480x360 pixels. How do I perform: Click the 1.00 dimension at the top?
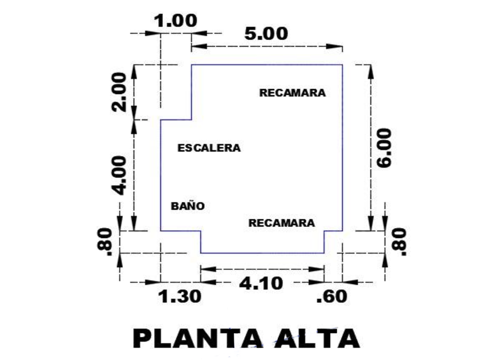click(176, 21)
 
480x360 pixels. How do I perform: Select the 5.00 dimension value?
click(266, 34)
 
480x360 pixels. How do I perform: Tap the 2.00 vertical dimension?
click(118, 92)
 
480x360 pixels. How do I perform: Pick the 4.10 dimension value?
click(262, 282)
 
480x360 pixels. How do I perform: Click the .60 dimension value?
click(332, 297)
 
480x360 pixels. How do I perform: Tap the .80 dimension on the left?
click(106, 241)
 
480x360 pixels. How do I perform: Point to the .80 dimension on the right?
click(399, 242)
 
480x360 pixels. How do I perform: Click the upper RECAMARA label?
click(293, 93)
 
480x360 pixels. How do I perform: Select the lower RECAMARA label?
click(281, 223)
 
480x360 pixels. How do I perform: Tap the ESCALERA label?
click(209, 148)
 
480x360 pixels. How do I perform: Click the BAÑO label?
click(187, 206)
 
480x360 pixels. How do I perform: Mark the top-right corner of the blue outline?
click(342, 65)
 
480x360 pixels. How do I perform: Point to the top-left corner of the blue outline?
click(191, 65)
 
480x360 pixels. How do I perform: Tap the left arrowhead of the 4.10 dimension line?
click(207, 268)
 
